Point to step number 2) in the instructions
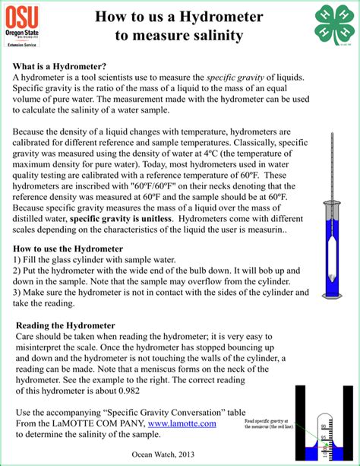point(18,270)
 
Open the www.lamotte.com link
point(182,423)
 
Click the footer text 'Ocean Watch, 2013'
point(163,452)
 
